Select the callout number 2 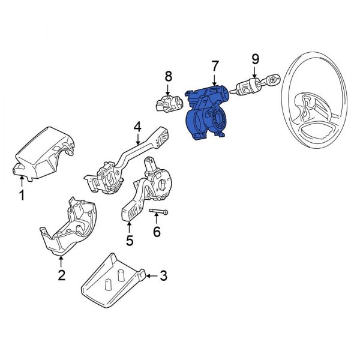(61, 275)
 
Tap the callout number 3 (163, 276)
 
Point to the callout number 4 (137, 127)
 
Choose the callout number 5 (129, 241)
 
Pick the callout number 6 (157, 231)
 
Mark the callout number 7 (214, 65)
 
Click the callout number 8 (169, 76)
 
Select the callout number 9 (255, 59)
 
